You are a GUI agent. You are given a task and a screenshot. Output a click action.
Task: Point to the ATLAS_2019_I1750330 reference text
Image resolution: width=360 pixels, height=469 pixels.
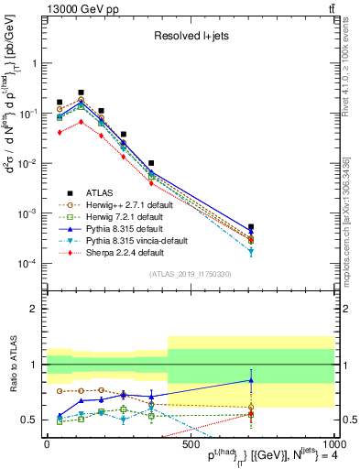pyautogui.click(x=191, y=274)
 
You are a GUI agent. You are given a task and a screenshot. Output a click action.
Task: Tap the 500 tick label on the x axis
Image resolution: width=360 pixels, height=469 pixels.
pyautogui.click(x=191, y=444)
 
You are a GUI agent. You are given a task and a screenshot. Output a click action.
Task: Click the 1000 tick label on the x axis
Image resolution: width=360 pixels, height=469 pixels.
pyautogui.click(x=332, y=444)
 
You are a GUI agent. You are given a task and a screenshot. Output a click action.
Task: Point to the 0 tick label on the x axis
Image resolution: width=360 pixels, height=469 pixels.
pyautogui.click(x=48, y=444)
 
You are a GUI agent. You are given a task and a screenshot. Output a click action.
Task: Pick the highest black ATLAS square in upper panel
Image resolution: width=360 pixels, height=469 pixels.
pyautogui.click(x=81, y=93)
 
